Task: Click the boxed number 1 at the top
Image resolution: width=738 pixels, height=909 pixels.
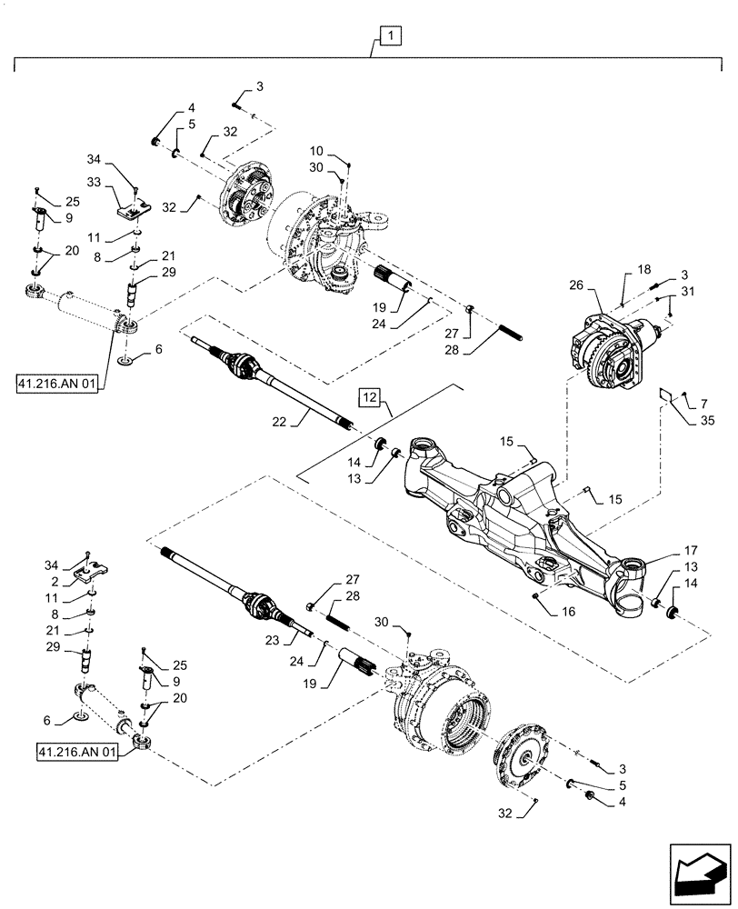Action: [389, 36]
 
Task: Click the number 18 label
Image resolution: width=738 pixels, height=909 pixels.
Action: [643, 270]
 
